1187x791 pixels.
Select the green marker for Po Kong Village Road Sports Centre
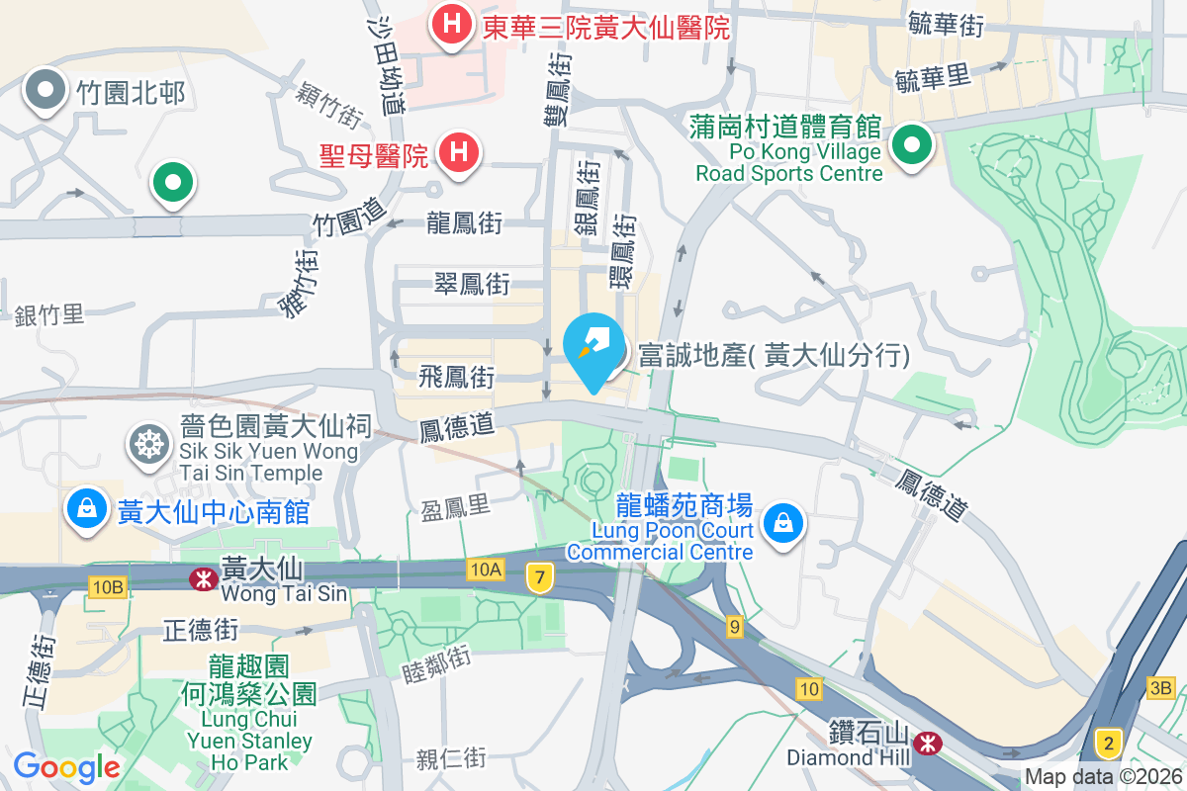(x=911, y=146)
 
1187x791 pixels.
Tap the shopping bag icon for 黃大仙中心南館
(x=87, y=509)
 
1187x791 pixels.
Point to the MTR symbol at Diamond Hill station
(x=928, y=741)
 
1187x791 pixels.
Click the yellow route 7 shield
(x=538, y=578)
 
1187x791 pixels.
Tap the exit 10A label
(x=486, y=569)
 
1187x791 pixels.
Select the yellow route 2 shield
(x=1109, y=743)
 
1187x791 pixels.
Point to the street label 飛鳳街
(x=456, y=377)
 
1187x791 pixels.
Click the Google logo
(x=66, y=766)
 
